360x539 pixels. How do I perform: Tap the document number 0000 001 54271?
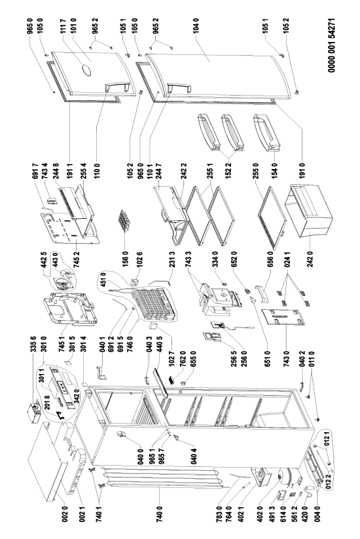pos(331,45)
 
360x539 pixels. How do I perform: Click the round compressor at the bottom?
pos(288,478)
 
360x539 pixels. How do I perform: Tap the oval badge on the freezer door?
pos(86,70)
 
